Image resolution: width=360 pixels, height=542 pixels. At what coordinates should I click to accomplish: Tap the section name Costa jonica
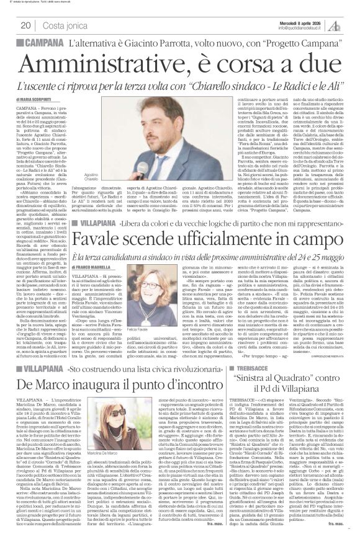coord(61,25)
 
